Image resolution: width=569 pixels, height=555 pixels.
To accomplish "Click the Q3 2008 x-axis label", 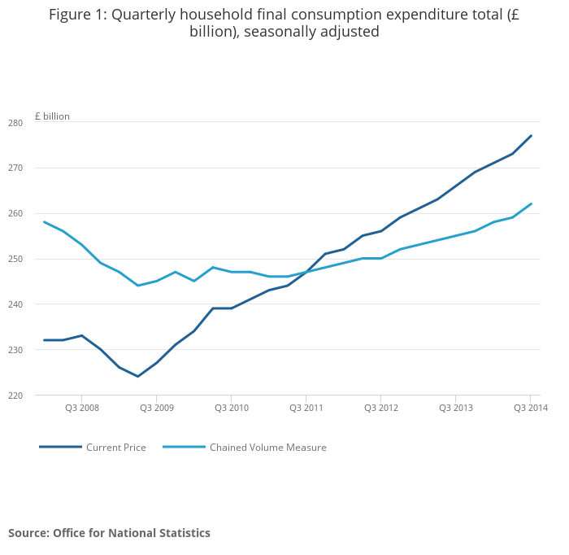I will [x=82, y=407].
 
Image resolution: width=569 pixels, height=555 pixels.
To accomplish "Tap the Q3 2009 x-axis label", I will [x=157, y=407].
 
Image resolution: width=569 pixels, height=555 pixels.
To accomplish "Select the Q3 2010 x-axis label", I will [x=232, y=407].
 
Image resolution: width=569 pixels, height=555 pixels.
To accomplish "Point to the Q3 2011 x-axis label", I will [x=306, y=407].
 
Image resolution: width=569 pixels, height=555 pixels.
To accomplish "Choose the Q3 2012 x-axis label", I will [x=381, y=407].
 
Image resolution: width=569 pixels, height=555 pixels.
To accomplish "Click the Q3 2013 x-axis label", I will [x=456, y=407].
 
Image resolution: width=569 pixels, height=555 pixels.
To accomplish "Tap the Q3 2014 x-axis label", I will [x=530, y=407].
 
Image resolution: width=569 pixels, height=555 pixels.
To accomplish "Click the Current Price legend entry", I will [x=115, y=448].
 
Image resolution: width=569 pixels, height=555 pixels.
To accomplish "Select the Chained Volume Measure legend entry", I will [x=267, y=448].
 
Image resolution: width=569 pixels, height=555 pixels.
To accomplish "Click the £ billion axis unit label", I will [x=52, y=116].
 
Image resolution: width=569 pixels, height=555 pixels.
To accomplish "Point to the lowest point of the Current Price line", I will [x=138, y=376].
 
